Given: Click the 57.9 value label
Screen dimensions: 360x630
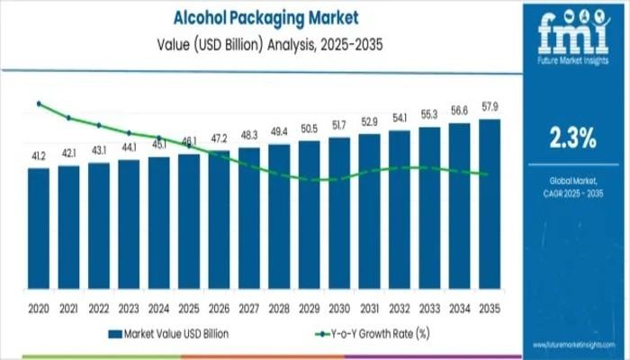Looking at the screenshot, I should [x=490, y=107].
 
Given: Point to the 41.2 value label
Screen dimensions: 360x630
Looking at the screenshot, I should [x=39, y=157].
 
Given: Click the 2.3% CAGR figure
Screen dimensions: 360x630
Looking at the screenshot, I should [x=573, y=138].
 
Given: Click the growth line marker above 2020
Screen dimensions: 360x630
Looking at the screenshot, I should [x=39, y=103].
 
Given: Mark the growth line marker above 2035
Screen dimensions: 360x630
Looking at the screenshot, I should [x=487, y=175].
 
